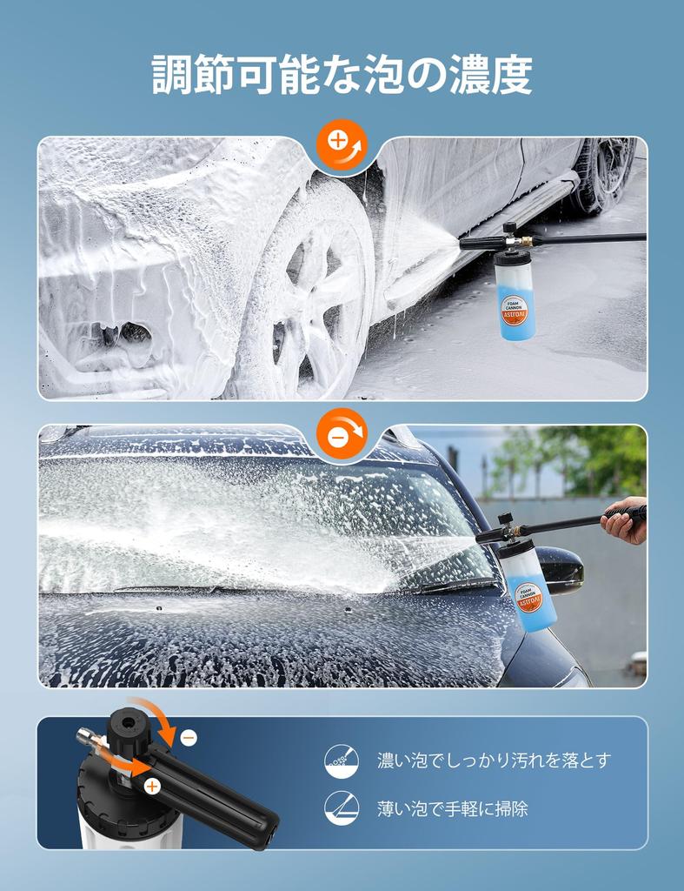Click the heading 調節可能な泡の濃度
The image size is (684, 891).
pyautogui.click(x=342, y=75)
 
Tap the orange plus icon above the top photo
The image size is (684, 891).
pyautogui.click(x=342, y=143)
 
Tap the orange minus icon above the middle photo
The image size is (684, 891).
pyautogui.click(x=342, y=432)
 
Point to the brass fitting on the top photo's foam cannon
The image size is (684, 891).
pyautogui.click(x=525, y=238)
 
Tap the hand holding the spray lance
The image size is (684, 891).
pyautogui.click(x=623, y=522)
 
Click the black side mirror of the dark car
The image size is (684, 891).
pyautogui.click(x=561, y=569)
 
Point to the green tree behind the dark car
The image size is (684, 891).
pyautogui.click(x=591, y=457)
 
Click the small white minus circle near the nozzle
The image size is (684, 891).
pyautogui.click(x=189, y=738)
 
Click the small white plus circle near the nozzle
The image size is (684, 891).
pyautogui.click(x=152, y=787)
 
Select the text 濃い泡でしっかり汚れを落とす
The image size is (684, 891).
pyautogui.click(x=494, y=760)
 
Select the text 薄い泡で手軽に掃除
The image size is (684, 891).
pyautogui.click(x=452, y=808)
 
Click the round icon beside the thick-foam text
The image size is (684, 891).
pyautogui.click(x=342, y=760)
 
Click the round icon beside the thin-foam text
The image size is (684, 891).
pyautogui.click(x=342, y=808)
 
